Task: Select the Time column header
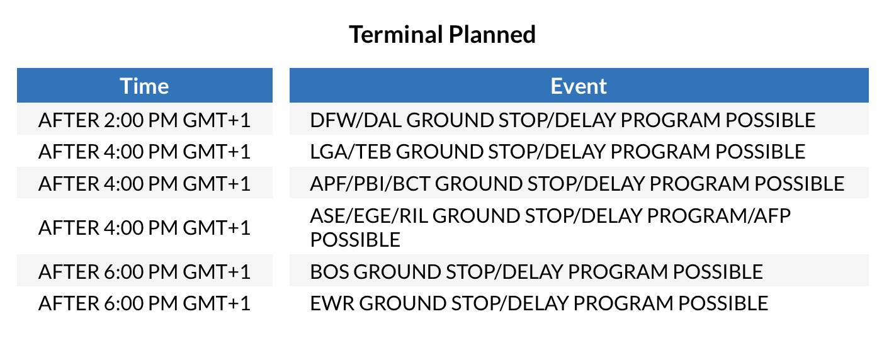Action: tap(144, 86)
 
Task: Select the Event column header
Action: tap(579, 86)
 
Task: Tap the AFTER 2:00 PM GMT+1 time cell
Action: tap(144, 120)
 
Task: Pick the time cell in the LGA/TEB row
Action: tap(144, 151)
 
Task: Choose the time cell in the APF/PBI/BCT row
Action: tap(144, 183)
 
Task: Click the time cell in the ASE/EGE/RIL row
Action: tap(144, 227)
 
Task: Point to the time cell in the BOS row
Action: tap(144, 271)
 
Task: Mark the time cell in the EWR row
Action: tap(144, 303)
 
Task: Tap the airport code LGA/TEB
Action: tap(351, 151)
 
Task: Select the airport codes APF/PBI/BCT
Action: tap(370, 183)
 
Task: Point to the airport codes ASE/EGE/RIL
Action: tap(369, 216)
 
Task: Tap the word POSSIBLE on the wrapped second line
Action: tap(355, 240)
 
